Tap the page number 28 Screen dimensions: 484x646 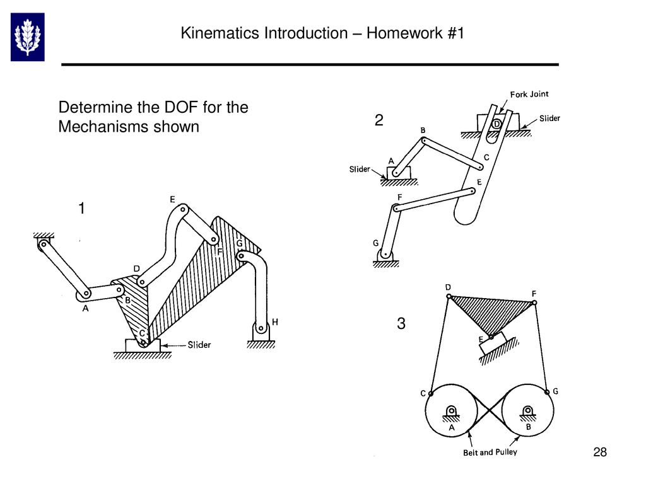[x=600, y=452]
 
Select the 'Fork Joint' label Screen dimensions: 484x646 [x=529, y=94]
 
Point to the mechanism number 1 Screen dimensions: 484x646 [x=81, y=208]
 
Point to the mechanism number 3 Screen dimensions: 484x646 [x=401, y=324]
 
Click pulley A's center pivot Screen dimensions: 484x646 [x=452, y=413]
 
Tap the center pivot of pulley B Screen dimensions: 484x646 [x=527, y=413]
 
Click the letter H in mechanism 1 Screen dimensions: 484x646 [x=275, y=322]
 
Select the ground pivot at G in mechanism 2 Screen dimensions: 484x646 [x=385, y=254]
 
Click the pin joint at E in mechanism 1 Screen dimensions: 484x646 [x=182, y=210]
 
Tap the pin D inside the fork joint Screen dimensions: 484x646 [x=496, y=124]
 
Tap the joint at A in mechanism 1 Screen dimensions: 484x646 [x=84, y=294]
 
